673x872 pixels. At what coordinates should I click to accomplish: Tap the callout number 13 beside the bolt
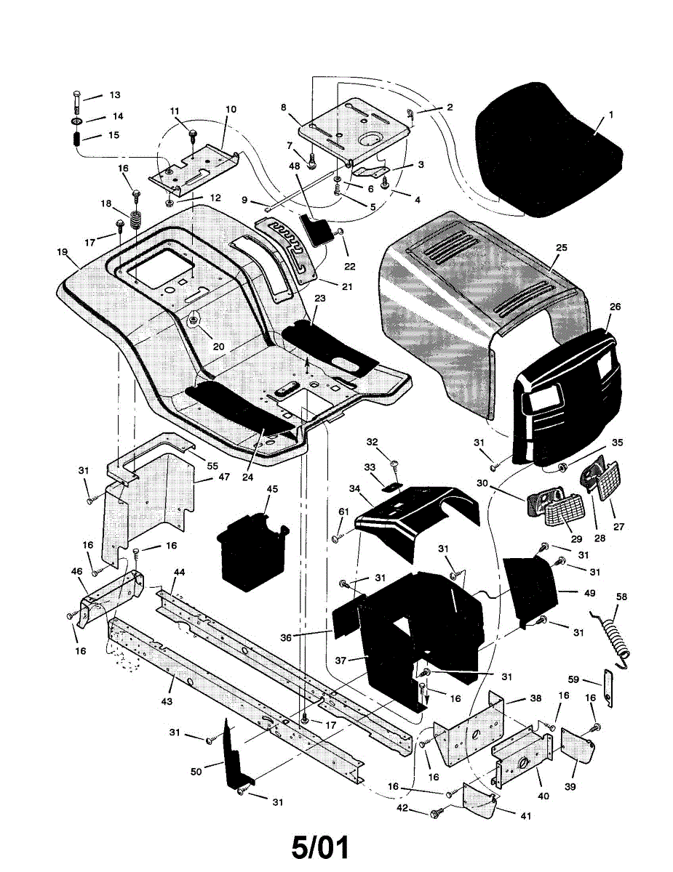[x=115, y=95]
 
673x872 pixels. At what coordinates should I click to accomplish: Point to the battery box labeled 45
[x=251, y=552]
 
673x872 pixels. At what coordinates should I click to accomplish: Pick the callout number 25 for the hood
[x=561, y=248]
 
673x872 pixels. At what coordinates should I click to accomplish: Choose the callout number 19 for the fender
[x=63, y=252]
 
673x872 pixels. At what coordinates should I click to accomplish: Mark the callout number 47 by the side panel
[x=224, y=477]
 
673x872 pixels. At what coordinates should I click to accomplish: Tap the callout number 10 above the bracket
[x=231, y=110]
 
